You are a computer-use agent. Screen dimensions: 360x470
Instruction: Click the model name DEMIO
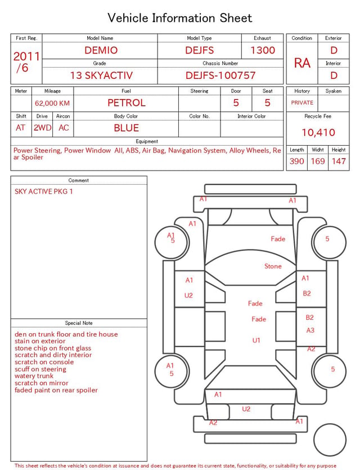coord(101,50)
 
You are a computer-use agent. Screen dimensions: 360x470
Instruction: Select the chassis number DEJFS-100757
coord(220,75)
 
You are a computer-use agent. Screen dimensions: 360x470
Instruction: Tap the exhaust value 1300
coord(263,50)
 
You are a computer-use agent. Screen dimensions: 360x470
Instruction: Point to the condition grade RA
coord(302,63)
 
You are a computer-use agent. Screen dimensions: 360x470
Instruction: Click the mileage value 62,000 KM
coord(52,103)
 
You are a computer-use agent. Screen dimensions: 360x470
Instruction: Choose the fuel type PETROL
coord(127,103)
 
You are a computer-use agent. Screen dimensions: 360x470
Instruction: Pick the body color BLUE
coord(127,128)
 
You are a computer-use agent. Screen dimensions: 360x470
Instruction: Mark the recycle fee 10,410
coord(318,132)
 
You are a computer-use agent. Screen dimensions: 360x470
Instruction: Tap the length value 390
coord(297,161)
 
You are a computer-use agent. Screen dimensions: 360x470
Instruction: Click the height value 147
coord(339,161)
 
